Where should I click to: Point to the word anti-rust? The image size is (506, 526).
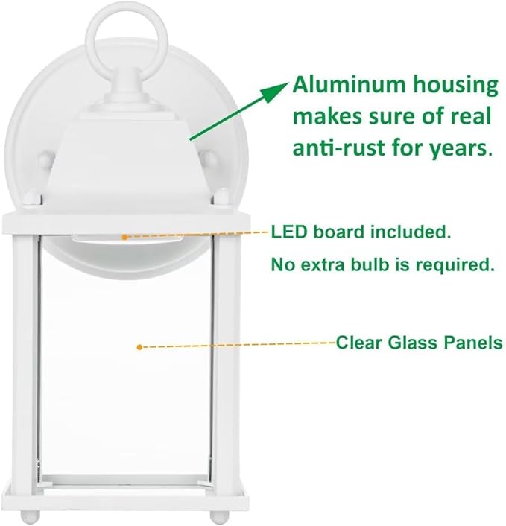click(x=336, y=148)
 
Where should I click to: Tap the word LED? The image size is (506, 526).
click(x=288, y=232)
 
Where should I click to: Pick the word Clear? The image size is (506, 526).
click(x=358, y=343)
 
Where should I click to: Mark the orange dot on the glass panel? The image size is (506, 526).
click(x=139, y=346)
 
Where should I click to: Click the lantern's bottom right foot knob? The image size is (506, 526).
click(x=216, y=516)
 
